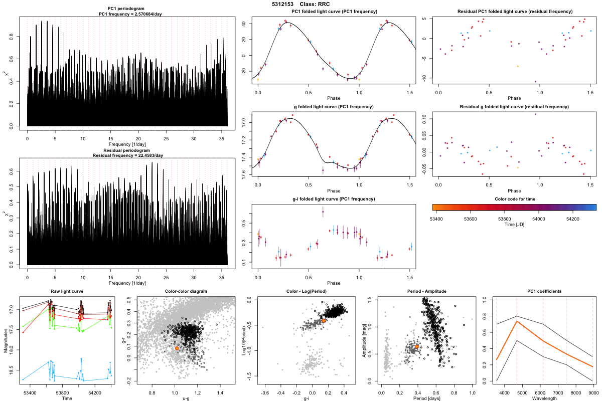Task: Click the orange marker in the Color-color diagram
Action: click(x=177, y=348)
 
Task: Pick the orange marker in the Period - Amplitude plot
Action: click(x=417, y=346)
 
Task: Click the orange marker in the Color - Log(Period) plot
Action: click(x=324, y=320)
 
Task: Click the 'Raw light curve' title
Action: click(x=67, y=291)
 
